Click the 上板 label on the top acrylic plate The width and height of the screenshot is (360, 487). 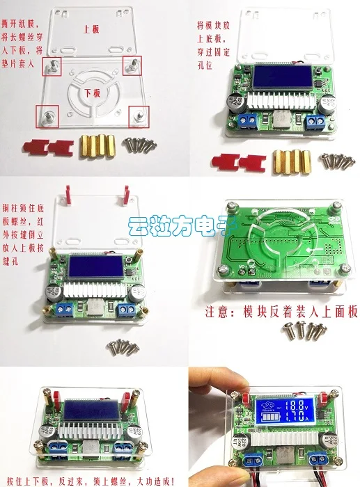click(x=91, y=31)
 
